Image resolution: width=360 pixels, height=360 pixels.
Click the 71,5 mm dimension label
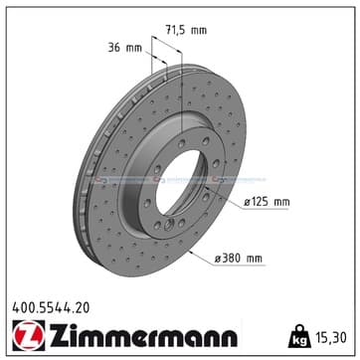[x=186, y=30]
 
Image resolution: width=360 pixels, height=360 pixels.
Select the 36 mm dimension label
[x=124, y=48]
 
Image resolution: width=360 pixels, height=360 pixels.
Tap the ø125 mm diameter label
[x=267, y=202]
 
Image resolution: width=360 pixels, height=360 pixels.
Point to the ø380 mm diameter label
[x=238, y=259]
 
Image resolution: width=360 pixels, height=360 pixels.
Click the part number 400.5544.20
[x=51, y=308]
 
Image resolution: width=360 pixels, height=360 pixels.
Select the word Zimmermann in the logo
[x=143, y=335]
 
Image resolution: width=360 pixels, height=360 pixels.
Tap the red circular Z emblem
[x=29, y=335]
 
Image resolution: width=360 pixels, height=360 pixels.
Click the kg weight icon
[x=299, y=336]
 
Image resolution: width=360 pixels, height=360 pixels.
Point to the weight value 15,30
[x=330, y=338]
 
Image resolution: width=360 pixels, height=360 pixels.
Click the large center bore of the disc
[x=179, y=187]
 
